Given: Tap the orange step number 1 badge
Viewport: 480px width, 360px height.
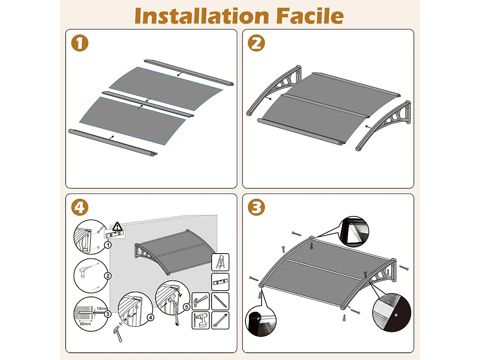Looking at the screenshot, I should (80, 43).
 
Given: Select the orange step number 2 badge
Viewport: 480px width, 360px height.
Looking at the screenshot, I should (256, 43).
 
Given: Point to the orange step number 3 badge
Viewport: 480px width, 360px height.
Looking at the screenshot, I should (256, 208).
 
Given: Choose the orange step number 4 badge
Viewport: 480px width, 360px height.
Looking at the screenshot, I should (80, 208).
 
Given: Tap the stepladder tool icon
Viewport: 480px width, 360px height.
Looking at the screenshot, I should (220, 262).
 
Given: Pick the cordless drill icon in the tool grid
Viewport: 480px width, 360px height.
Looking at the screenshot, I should (201, 320).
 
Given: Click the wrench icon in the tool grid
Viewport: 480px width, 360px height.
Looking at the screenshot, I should (220, 320).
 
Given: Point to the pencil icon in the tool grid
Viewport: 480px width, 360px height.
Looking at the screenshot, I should (220, 301).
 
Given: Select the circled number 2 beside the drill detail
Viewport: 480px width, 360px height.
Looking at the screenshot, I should (107, 276).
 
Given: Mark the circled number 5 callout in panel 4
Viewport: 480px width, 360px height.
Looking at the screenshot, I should (187, 307).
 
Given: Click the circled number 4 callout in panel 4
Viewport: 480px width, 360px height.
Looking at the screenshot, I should (150, 318).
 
